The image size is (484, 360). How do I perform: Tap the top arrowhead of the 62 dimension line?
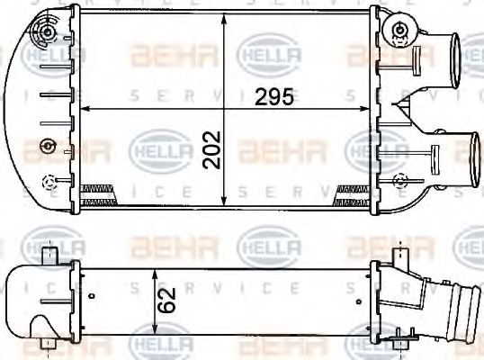tap(156, 271)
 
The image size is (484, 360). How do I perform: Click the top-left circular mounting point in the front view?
tap(43, 36)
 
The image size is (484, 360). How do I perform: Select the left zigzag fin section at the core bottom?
tap(98, 189)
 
